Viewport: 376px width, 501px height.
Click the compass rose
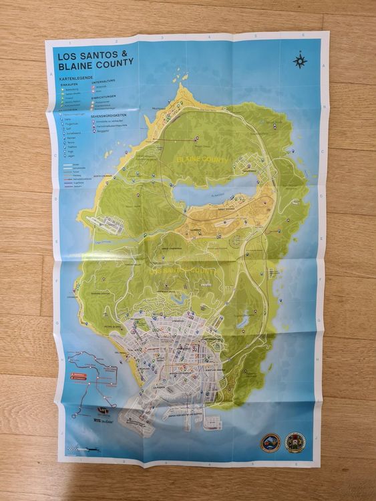[x=299, y=61]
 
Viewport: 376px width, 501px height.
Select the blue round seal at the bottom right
[x=271, y=442]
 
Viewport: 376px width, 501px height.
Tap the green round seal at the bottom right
[x=295, y=442]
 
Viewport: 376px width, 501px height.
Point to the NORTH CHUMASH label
[x=106, y=176]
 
